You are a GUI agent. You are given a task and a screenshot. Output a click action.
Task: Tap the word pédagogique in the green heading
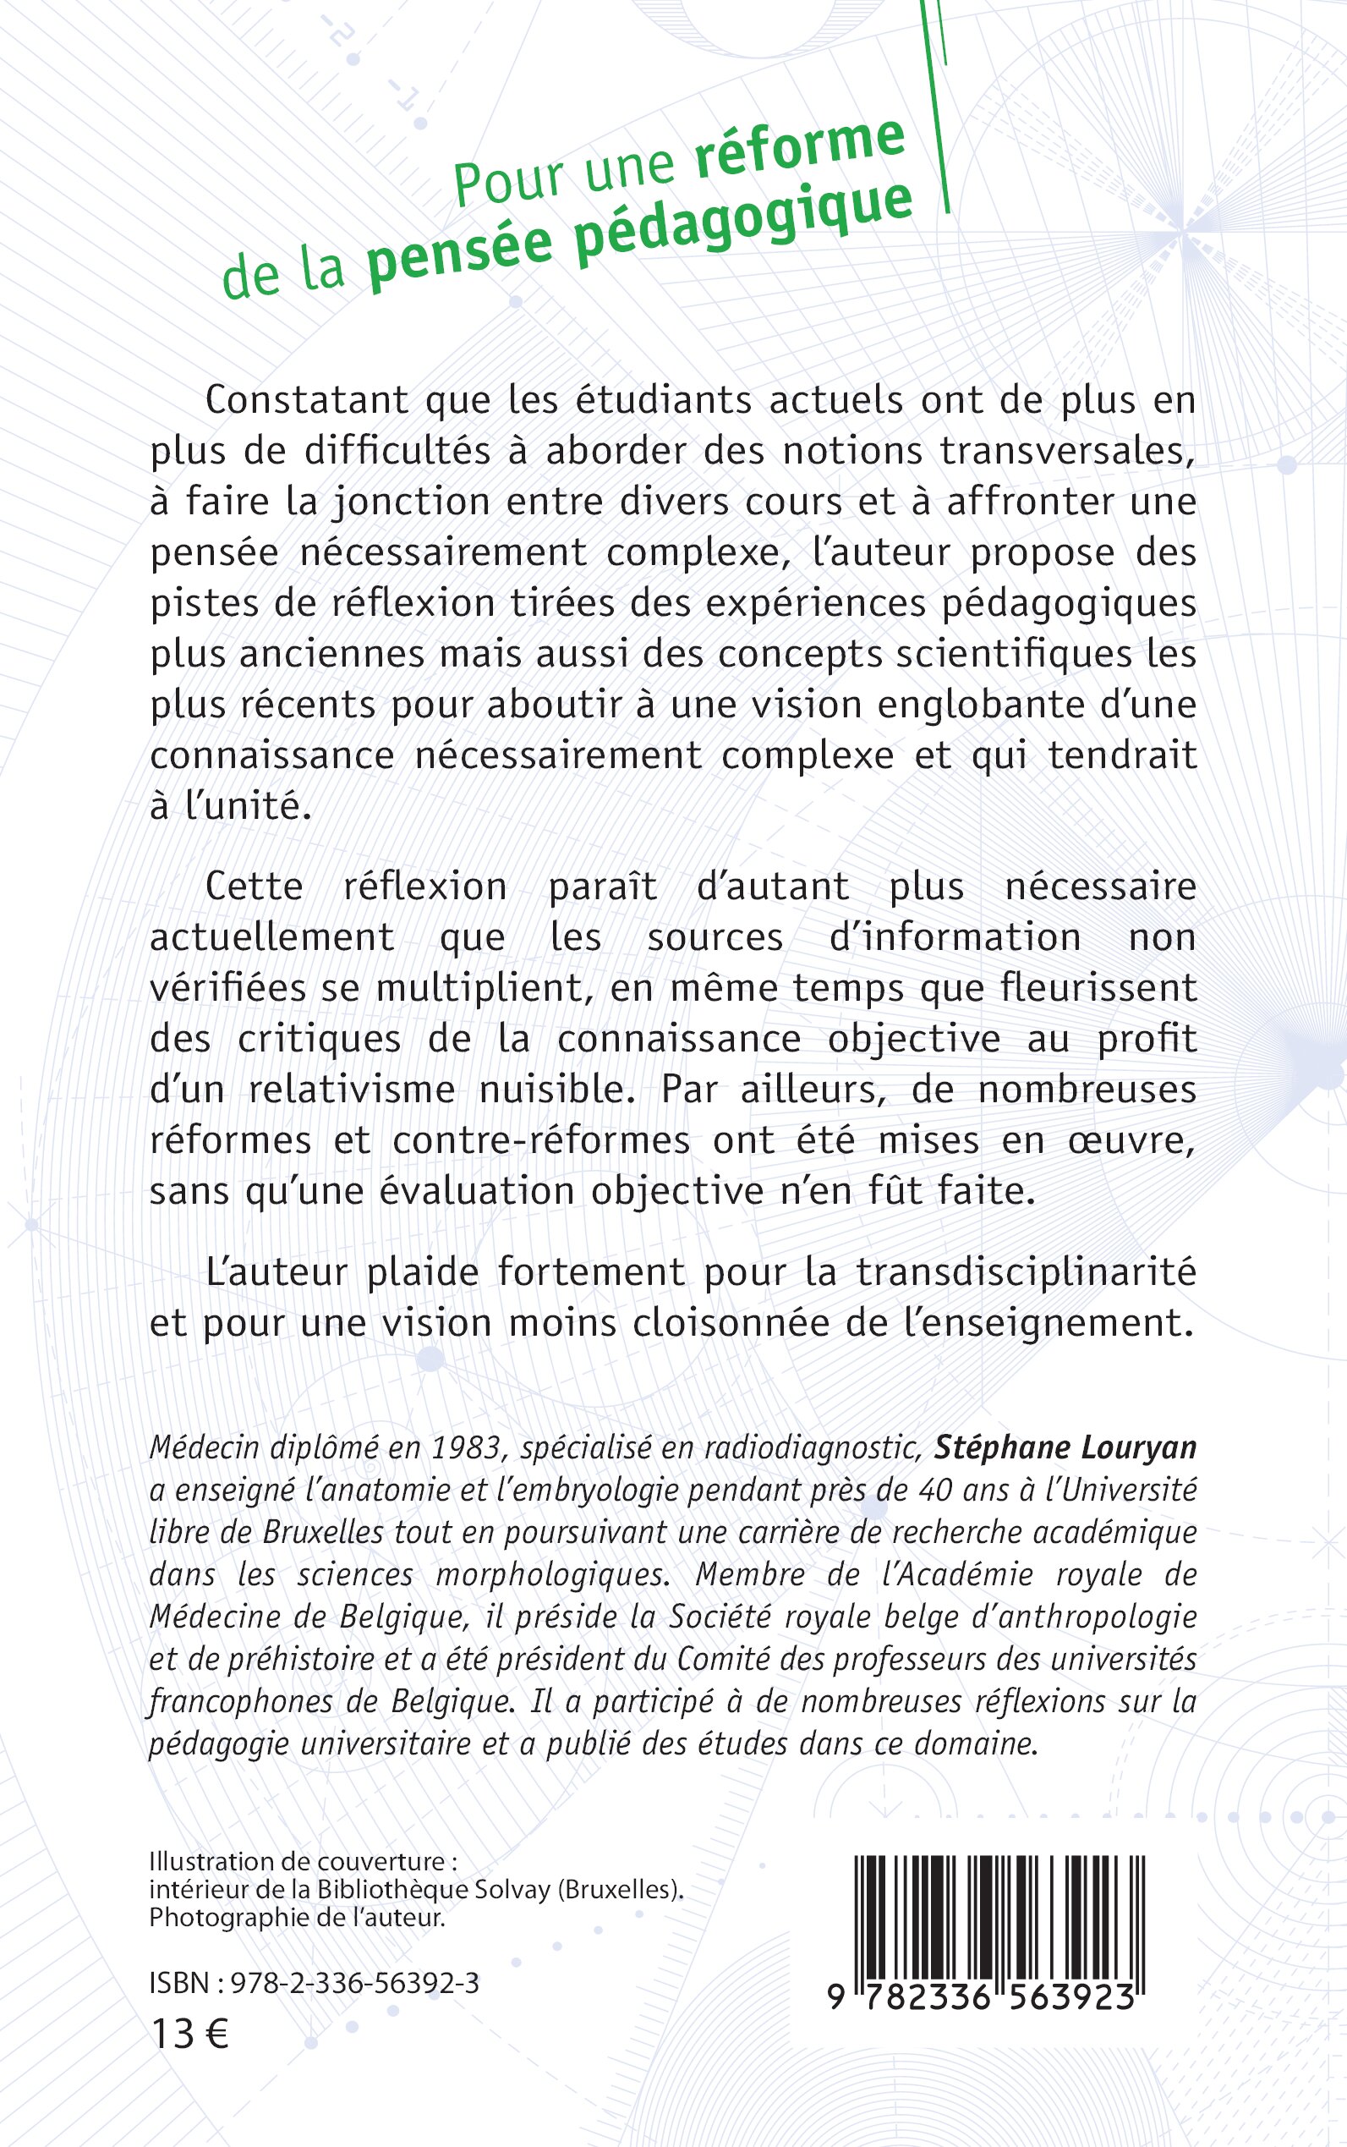[743, 224]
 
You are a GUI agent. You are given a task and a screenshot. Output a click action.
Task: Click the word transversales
[1068, 450]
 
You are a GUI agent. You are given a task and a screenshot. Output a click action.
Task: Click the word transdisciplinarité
[1026, 1271]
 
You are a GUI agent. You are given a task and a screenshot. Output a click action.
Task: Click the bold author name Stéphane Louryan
[1065, 1448]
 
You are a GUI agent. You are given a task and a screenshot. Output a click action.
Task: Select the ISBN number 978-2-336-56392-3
[354, 1983]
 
